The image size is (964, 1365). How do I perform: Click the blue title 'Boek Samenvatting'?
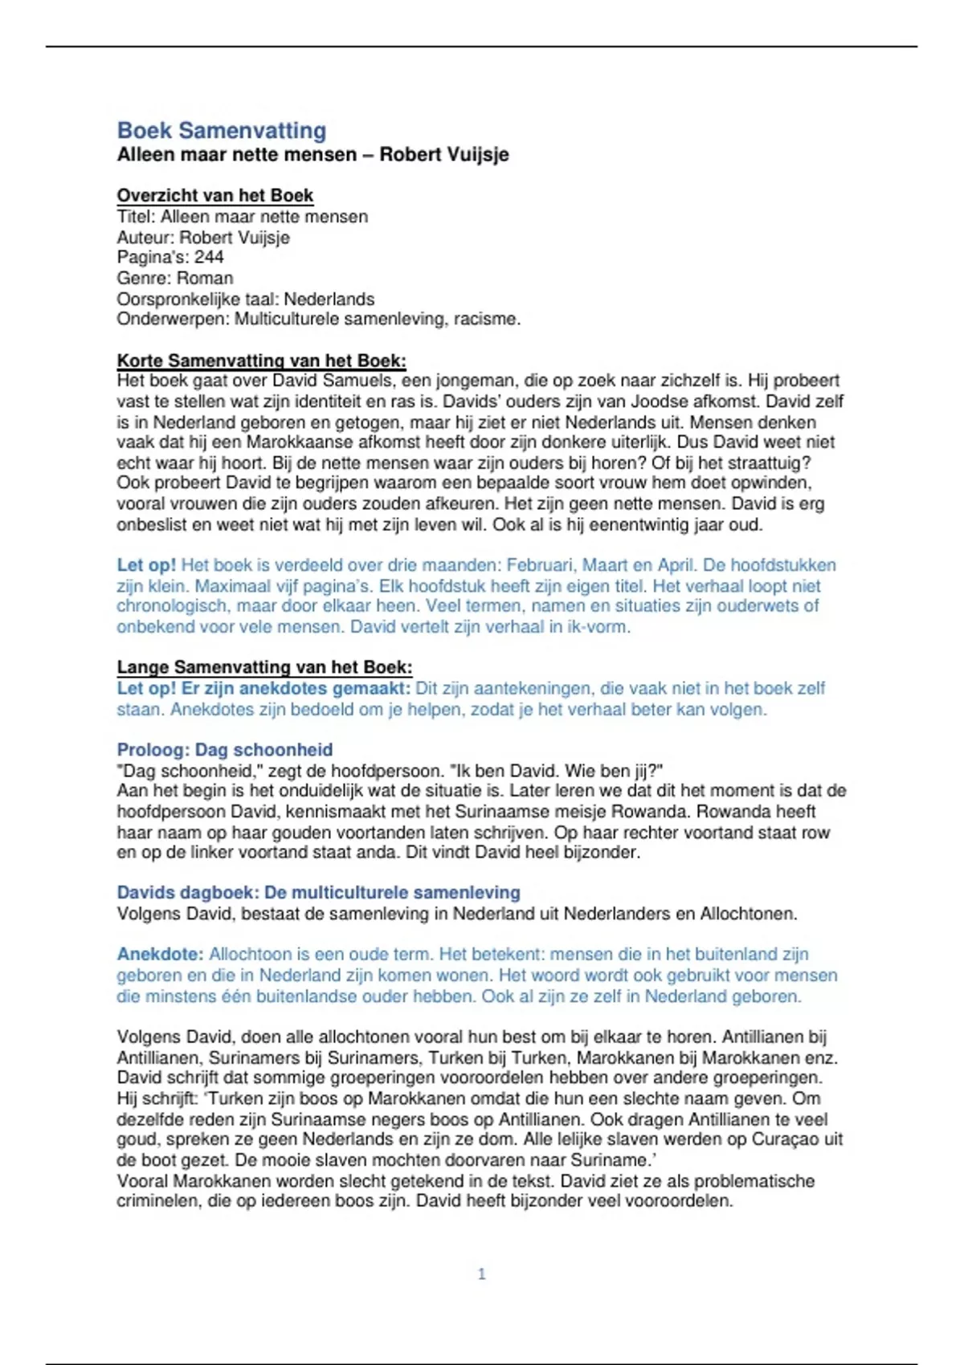tap(222, 130)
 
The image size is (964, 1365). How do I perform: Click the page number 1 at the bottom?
tap(481, 1273)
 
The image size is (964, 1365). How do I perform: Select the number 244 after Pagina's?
tap(209, 258)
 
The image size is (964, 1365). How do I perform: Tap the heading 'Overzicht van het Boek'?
tap(214, 195)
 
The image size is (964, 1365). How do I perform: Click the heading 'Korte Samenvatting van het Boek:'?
tap(261, 361)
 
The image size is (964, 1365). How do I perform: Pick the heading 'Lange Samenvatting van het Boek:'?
tap(264, 667)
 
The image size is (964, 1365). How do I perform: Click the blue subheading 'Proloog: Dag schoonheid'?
tap(224, 750)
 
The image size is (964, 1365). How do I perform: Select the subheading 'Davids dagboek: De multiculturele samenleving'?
tap(318, 893)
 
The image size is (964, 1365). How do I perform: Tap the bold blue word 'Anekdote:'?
tap(160, 955)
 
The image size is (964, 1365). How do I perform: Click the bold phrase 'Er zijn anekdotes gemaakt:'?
tap(296, 689)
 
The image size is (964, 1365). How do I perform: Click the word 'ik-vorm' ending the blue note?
tap(597, 627)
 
